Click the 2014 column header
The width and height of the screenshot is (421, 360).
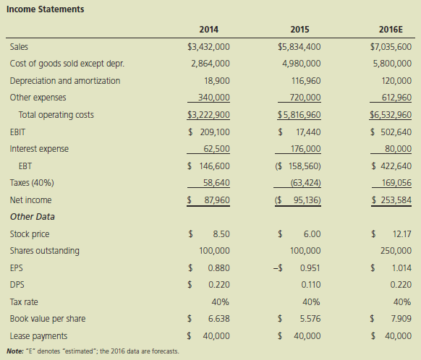pos(208,29)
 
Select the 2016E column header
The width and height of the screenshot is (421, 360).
pos(391,29)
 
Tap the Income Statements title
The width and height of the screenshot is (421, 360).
pos(45,9)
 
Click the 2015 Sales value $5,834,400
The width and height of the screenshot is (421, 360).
pos(299,47)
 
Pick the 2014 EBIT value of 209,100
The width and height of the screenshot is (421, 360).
pos(215,132)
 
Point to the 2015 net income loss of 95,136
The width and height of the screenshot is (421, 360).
pos(307,200)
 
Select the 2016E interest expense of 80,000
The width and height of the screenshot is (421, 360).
pos(398,149)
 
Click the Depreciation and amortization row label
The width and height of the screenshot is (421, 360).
pos(65,81)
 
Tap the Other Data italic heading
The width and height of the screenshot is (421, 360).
pos(33,217)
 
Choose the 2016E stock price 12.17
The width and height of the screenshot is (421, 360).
pos(401,234)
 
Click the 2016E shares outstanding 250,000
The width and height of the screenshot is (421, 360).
pos(396,251)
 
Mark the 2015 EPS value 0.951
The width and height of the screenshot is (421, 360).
pos(310,267)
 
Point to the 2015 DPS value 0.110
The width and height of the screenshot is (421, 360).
pos(310,285)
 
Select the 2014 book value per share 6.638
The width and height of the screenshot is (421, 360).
pos(219,319)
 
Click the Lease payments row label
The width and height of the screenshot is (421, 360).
pos(38,336)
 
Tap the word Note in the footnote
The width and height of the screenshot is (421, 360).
pos(15,351)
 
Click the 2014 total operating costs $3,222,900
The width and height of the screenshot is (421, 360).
pos(208,115)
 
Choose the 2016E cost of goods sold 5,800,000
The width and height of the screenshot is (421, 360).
pos(392,64)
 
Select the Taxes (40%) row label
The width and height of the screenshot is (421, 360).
pos(32,183)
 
